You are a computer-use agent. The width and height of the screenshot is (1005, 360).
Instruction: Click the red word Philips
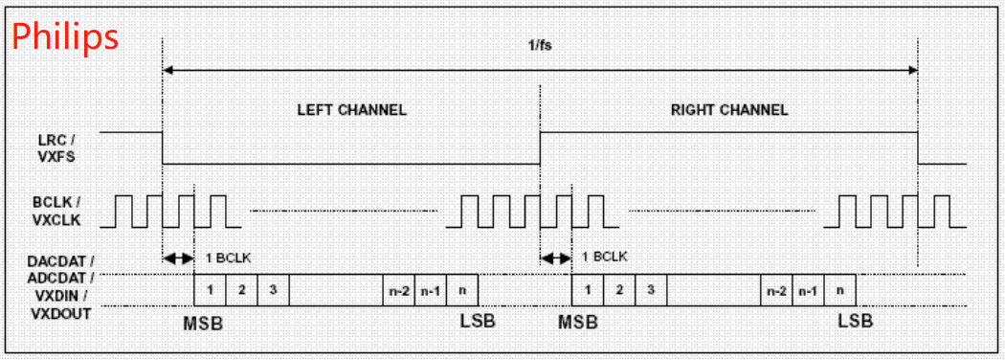[x=65, y=36]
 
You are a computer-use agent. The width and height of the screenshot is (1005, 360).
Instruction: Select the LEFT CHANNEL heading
[x=351, y=109]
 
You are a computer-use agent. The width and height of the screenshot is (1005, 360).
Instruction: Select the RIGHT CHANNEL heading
[x=728, y=109]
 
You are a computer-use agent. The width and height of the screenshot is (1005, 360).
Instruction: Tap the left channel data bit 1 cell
[x=210, y=289]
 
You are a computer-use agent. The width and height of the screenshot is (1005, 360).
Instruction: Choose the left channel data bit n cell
[x=462, y=289]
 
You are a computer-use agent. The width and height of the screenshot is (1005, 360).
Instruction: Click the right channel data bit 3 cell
[x=650, y=289]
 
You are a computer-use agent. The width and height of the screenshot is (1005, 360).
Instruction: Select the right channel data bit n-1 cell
[x=808, y=289]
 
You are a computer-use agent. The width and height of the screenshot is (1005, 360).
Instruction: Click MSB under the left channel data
[x=203, y=323]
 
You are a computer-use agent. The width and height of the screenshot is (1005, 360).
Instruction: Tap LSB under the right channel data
[x=855, y=322]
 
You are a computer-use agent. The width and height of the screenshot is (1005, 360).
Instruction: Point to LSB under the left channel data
[x=478, y=322]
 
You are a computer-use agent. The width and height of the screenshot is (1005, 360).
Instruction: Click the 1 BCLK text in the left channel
[x=228, y=257]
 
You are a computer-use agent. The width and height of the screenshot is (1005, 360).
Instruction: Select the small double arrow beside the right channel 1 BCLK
[x=555, y=258]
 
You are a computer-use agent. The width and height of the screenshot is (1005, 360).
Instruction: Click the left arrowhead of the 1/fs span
[x=169, y=70]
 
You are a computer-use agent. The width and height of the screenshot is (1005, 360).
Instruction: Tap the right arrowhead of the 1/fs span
[x=912, y=70]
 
